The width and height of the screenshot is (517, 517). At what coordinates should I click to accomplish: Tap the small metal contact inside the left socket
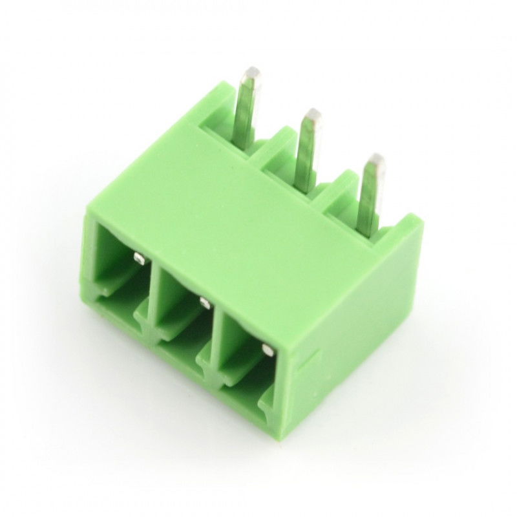pos(137,258)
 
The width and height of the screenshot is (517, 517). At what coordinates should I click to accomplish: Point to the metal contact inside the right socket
pos(266,350)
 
